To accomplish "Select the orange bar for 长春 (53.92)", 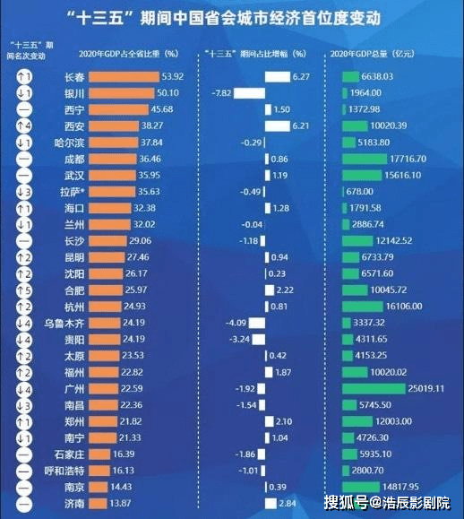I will tap(125, 77).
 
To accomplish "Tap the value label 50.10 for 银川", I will tap(168, 93).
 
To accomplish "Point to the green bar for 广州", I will tap(374, 388).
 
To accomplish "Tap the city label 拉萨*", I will tap(74, 192).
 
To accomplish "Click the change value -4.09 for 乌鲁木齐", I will tap(236, 323).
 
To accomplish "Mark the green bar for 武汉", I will tap(363, 176).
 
